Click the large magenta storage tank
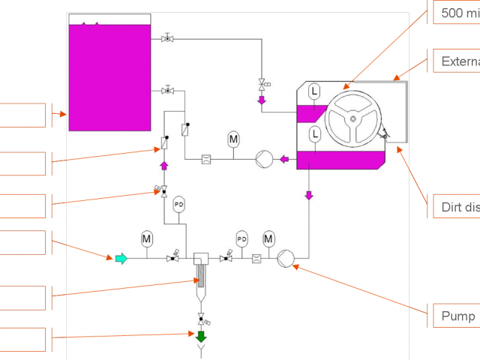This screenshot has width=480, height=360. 109,75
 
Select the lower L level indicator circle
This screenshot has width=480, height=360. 314,133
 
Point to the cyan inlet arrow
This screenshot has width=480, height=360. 120,259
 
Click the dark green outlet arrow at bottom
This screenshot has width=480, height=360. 200,337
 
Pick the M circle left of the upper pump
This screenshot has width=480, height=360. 233,139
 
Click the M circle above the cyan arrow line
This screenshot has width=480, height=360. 147,239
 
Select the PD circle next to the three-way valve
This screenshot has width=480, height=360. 178,204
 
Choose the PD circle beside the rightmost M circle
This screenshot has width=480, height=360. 241,238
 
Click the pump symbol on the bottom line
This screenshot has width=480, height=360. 285,259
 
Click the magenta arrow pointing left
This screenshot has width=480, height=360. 285,159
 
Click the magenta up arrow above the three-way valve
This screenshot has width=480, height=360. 164,165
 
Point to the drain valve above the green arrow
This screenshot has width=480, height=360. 200,319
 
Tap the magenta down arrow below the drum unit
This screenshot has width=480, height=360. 308,196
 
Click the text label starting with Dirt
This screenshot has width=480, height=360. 457,207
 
